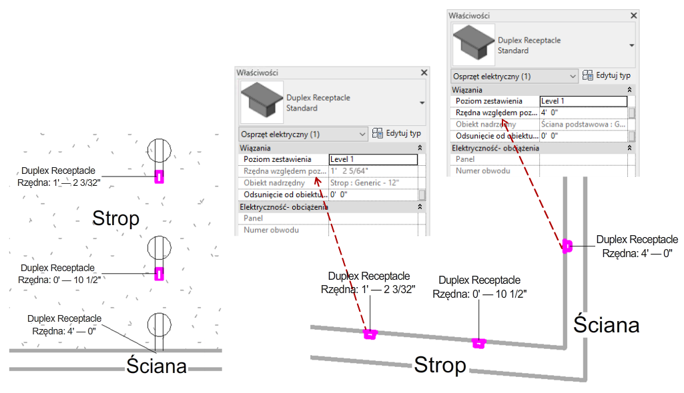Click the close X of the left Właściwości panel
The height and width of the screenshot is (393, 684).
click(424, 73)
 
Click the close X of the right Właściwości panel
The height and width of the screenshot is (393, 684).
click(634, 15)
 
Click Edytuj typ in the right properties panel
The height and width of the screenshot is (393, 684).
click(607, 76)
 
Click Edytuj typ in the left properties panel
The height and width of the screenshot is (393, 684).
click(396, 134)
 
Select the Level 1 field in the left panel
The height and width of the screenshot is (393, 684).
click(373, 159)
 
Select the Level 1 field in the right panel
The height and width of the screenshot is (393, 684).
click(583, 101)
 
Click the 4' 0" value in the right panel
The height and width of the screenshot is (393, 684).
click(583, 113)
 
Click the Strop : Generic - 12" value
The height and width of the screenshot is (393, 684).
click(373, 183)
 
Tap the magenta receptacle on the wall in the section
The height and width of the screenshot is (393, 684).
click(567, 246)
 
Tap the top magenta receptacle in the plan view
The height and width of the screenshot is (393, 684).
click(159, 176)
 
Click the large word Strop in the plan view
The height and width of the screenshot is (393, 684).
click(116, 218)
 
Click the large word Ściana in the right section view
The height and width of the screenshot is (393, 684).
click(606, 324)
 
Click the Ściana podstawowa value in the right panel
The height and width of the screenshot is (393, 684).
click(583, 125)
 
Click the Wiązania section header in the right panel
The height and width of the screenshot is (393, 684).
click(467, 89)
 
